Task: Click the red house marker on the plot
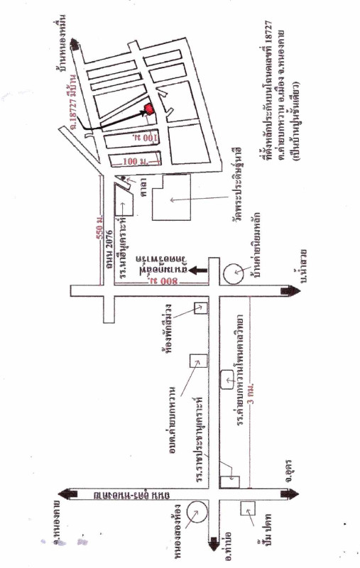click(149, 109)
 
